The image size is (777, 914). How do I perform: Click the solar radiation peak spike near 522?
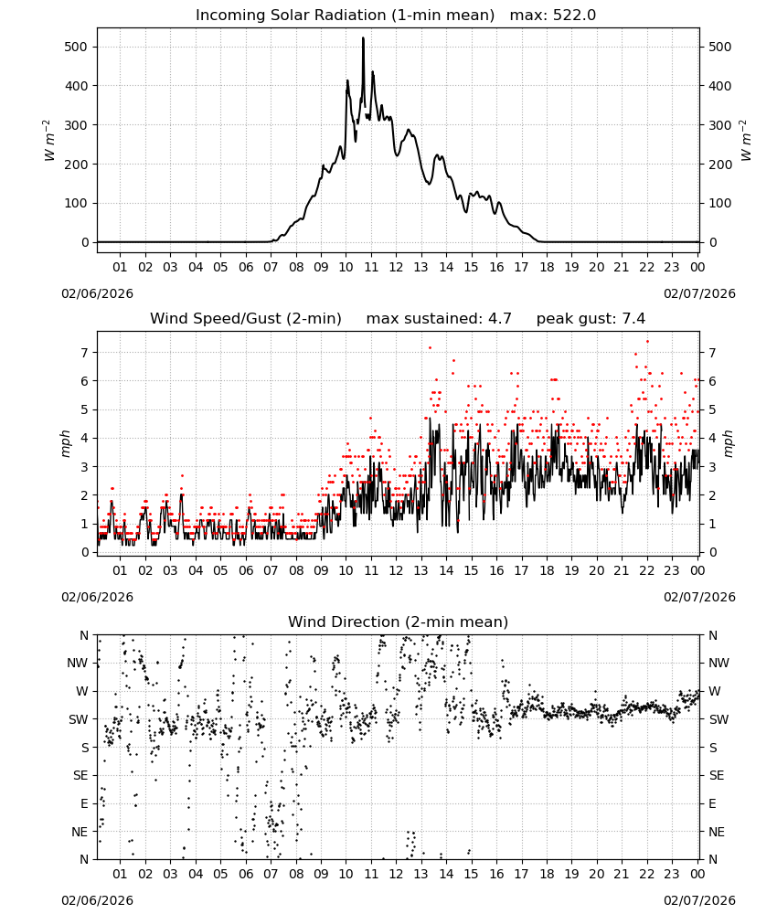[x=363, y=38]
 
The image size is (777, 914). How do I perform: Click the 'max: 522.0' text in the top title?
[x=553, y=16]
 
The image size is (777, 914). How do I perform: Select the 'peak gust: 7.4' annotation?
[x=591, y=319]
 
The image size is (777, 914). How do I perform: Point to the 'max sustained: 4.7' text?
[x=439, y=319]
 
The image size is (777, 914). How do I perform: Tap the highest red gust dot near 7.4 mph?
[x=647, y=342]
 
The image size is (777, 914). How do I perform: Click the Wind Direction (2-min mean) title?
[x=399, y=622]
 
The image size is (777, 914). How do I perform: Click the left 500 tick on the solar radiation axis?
[x=77, y=47]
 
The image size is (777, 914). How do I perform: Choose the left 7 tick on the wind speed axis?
[x=85, y=353]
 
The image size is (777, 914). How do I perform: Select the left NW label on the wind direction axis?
[x=78, y=664]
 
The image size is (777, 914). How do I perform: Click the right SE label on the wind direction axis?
[x=717, y=776]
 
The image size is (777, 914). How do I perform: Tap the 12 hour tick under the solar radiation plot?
[x=396, y=267]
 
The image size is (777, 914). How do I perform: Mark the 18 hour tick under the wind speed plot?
[x=547, y=570]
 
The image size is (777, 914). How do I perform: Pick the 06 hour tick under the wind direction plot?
[x=246, y=875]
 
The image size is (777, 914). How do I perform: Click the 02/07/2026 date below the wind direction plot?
[x=699, y=900]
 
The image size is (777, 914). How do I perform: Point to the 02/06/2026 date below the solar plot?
[x=97, y=293]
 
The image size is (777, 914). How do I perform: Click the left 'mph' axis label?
[x=65, y=443]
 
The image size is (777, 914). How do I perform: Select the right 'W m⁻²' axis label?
[x=746, y=141]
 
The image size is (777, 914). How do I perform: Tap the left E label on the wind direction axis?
[x=84, y=803]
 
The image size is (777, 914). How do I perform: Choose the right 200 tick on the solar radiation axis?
[x=720, y=165]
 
